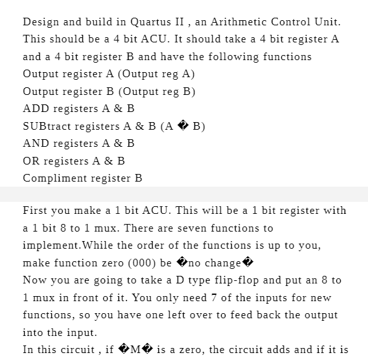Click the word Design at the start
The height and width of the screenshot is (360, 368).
tap(40, 22)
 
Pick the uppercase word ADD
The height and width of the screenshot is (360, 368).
tap(35, 109)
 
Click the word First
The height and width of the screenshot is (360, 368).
tap(35, 210)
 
